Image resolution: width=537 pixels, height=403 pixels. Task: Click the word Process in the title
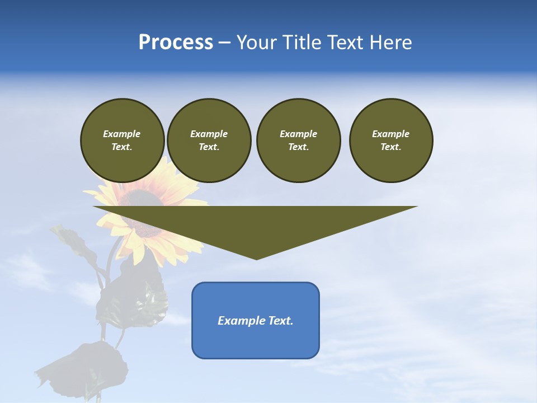point(176,43)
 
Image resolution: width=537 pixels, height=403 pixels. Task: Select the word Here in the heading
point(391,43)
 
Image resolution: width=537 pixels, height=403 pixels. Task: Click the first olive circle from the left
point(123,140)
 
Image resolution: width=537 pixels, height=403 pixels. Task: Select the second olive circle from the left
point(209,140)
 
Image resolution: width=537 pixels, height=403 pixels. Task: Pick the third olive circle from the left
point(298,140)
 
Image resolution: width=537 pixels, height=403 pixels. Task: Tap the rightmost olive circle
point(391,140)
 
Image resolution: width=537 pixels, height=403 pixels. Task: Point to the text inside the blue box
point(256,321)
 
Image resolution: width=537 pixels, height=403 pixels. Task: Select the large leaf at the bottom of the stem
point(89,367)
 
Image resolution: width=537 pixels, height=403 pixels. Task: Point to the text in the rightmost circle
point(391,140)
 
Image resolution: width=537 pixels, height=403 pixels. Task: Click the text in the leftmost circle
point(122,140)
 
